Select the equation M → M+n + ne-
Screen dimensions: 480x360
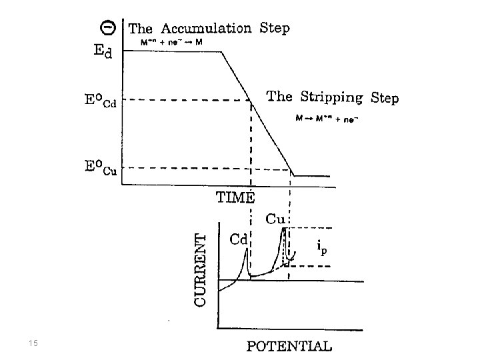coord(324,119)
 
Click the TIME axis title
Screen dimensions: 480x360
coord(235,197)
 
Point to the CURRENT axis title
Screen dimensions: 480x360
coord(200,268)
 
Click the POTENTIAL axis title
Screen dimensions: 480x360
coord(289,345)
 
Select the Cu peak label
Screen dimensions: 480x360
coord(275,218)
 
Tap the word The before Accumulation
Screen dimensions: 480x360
coord(139,29)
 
